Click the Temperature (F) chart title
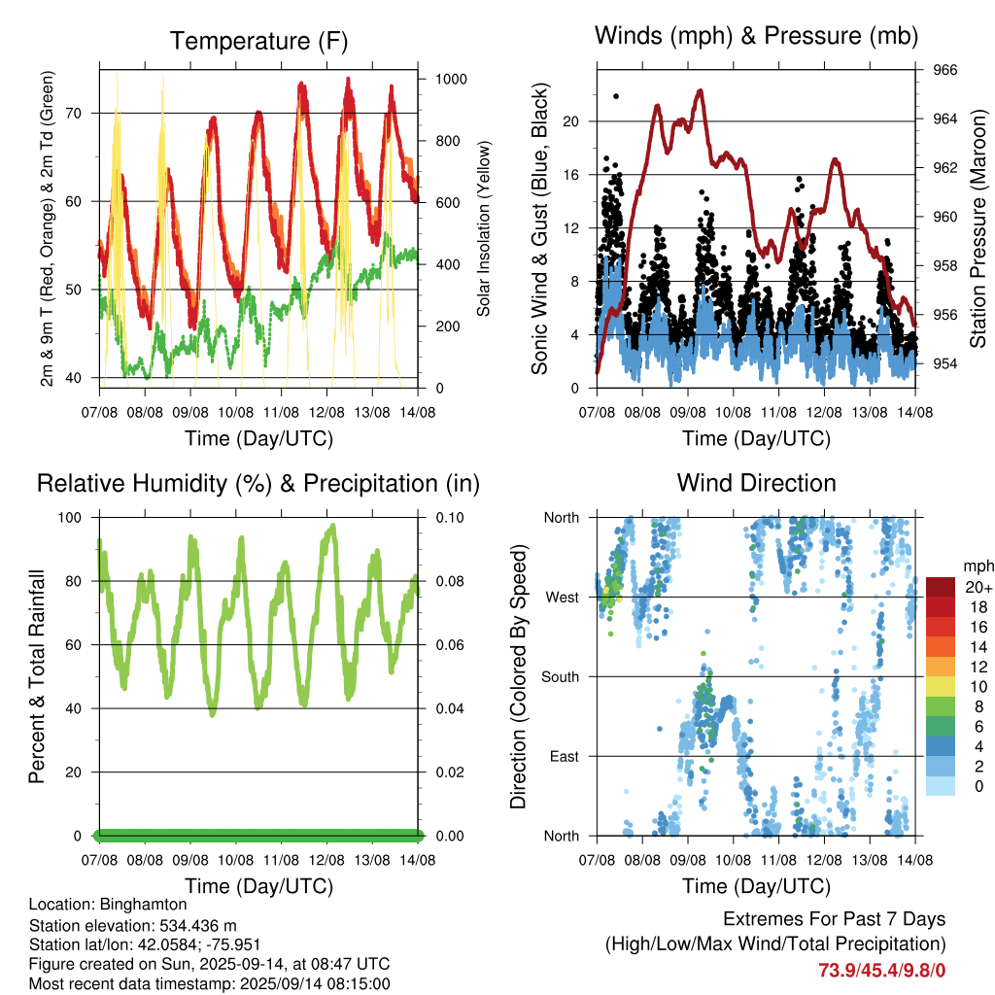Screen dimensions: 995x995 (x=258, y=41)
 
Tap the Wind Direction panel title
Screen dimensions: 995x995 (x=756, y=483)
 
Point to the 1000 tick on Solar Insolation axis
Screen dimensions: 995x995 (x=451, y=80)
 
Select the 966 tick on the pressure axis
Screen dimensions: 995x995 (x=944, y=70)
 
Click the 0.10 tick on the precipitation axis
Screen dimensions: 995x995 (x=450, y=518)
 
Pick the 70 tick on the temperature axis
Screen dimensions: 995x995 (x=74, y=114)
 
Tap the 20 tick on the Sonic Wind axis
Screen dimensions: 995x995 (x=571, y=121)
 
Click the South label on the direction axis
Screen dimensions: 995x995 (x=561, y=677)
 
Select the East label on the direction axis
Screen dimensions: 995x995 (x=565, y=756)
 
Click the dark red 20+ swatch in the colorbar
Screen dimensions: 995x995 (x=941, y=587)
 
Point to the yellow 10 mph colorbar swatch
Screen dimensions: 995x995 (x=941, y=687)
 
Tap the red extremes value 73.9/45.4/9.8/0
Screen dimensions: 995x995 (x=882, y=971)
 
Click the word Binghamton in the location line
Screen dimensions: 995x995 (x=144, y=905)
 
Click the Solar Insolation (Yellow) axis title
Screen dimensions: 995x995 (x=484, y=229)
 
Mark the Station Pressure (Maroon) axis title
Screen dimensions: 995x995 (x=978, y=228)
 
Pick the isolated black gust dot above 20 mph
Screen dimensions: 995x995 (x=616, y=96)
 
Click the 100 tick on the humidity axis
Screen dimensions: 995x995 (x=70, y=518)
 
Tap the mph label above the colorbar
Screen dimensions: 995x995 (x=978, y=566)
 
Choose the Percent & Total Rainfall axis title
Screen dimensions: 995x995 (x=38, y=676)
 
